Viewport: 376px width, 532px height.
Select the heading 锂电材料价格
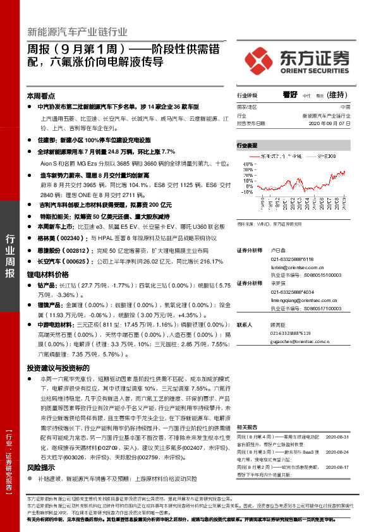point(47,275)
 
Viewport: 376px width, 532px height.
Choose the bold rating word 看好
point(290,95)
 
